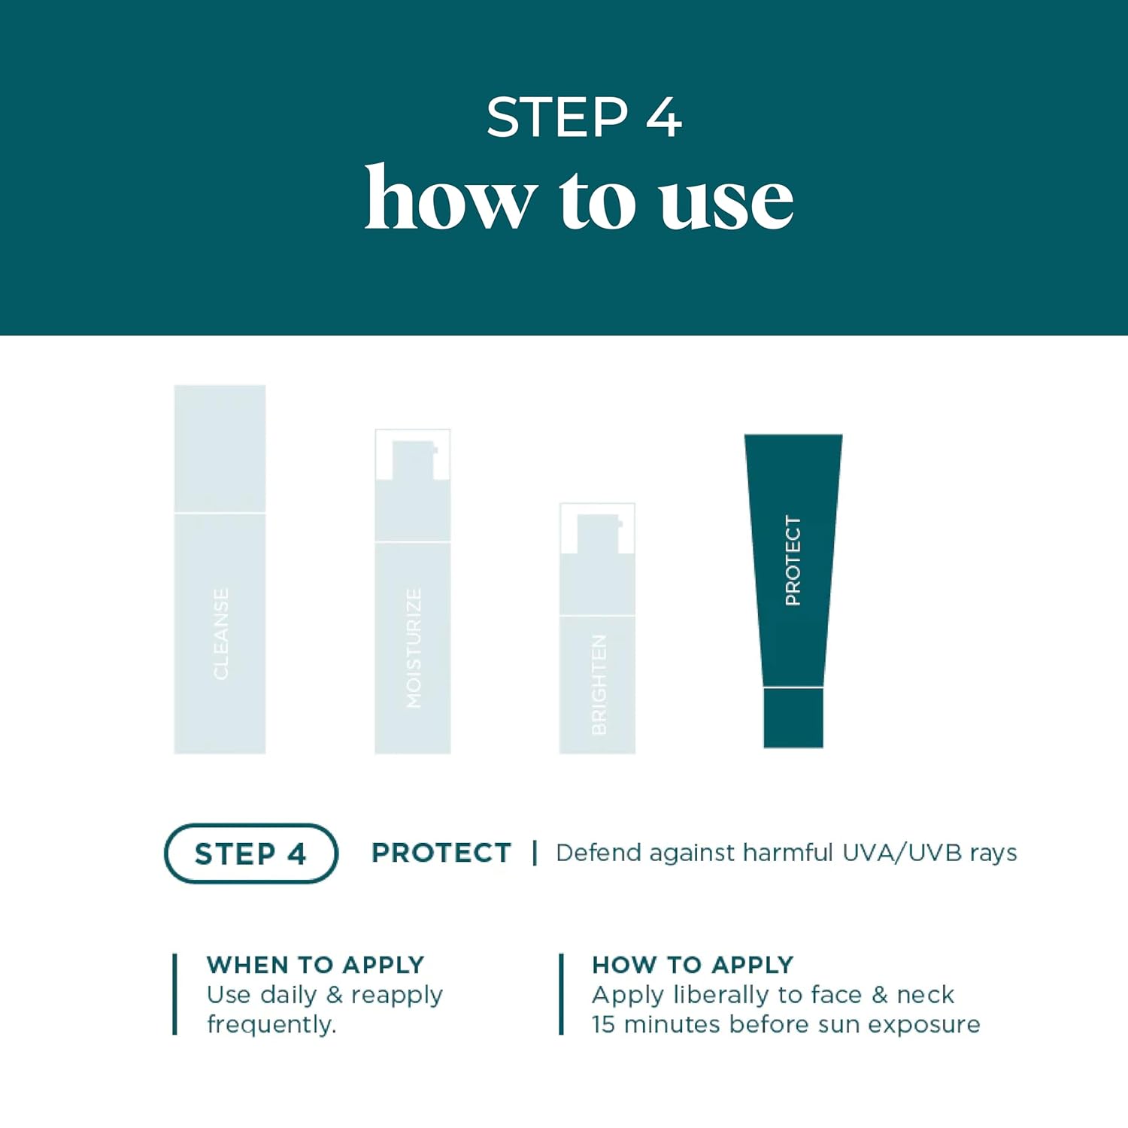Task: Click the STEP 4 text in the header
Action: tap(584, 117)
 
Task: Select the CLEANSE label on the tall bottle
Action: tap(220, 634)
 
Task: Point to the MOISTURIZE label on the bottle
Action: tap(414, 647)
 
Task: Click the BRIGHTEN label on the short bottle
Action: tap(599, 684)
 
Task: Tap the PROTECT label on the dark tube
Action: tap(793, 560)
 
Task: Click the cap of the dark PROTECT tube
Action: tap(793, 718)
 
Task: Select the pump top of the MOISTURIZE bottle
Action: tap(413, 459)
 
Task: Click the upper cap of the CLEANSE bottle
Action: tap(220, 449)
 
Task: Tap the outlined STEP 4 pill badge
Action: tap(250, 854)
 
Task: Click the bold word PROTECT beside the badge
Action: tap(441, 853)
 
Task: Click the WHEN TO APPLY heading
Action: tap(315, 964)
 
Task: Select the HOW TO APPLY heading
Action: tap(693, 964)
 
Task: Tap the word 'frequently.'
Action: tap(271, 1024)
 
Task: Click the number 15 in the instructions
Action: tap(603, 1024)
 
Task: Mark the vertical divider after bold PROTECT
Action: tap(535, 853)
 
